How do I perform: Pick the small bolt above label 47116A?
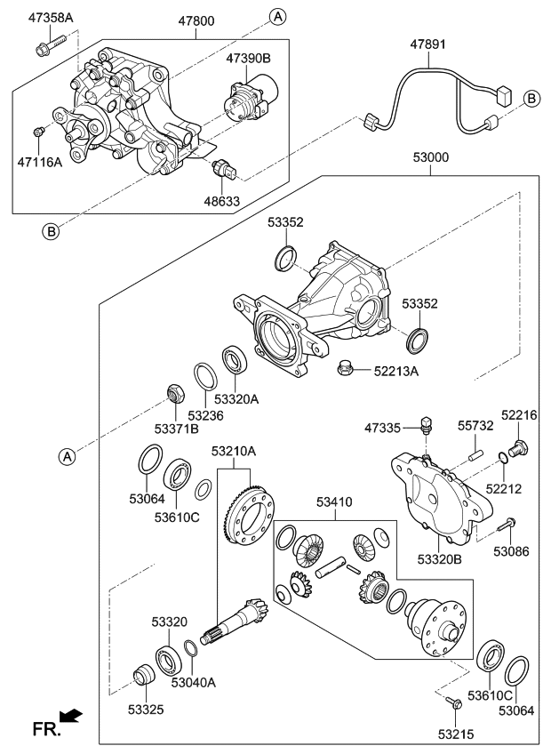click(x=38, y=132)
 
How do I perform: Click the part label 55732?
click(x=475, y=427)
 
